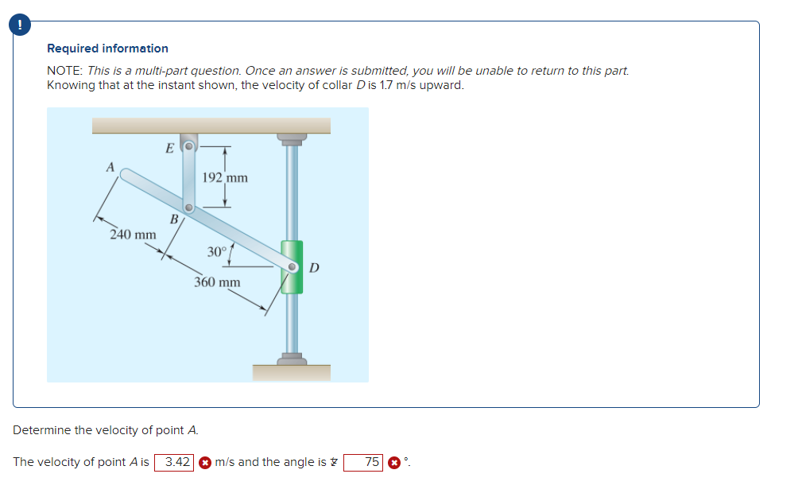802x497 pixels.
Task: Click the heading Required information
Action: [107, 49]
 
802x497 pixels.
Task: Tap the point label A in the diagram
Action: [110, 166]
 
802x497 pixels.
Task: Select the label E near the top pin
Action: [169, 147]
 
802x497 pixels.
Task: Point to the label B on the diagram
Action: [172, 219]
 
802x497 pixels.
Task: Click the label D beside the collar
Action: [314, 267]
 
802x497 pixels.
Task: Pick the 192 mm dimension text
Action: [225, 177]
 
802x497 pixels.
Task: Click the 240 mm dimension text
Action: [133, 235]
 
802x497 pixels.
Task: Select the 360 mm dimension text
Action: [217, 282]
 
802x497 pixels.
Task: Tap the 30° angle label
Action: [217, 252]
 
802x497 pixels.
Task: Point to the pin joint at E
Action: [188, 147]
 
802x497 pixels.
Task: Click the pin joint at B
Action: [188, 208]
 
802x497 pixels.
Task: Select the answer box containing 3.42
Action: [175, 462]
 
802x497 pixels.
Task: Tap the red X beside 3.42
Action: [204, 462]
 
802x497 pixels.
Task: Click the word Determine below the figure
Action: [42, 430]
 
